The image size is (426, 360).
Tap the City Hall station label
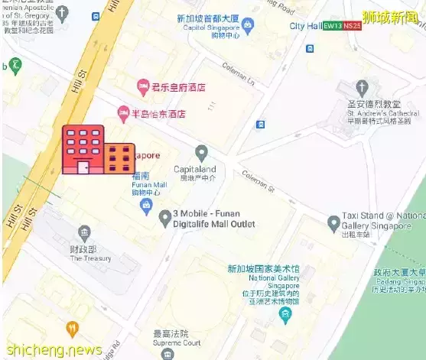coord(305,26)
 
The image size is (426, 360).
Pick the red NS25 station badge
coord(353,26)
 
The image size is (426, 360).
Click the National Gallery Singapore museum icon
coord(285,313)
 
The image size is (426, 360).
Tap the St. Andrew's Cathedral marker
coord(363,87)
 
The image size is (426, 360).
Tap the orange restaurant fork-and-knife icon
coord(72,329)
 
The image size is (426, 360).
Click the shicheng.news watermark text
coord(51,350)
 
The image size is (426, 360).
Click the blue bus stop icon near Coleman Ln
coord(261,124)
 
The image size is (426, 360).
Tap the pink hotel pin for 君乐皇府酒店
coord(142,86)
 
